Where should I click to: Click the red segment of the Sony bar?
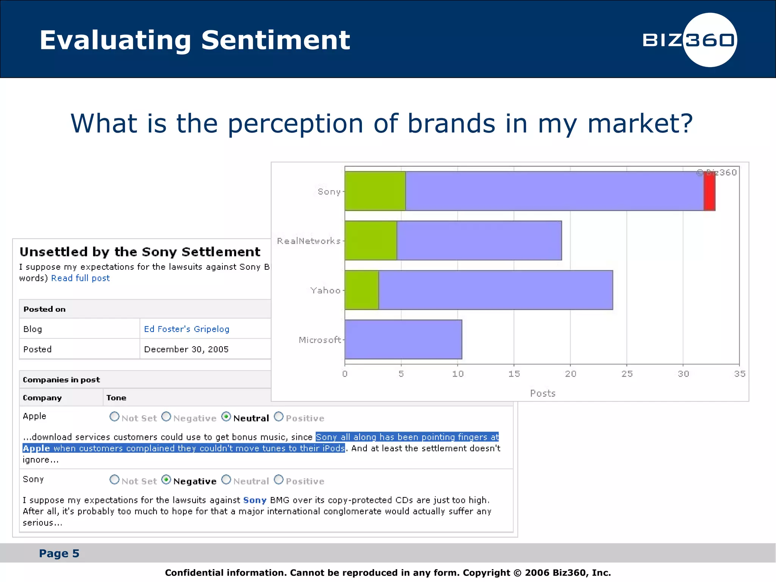(709, 191)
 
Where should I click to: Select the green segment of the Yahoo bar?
(361, 290)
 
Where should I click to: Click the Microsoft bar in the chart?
(403, 339)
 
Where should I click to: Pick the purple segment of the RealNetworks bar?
(479, 241)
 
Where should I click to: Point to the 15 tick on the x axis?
(514, 374)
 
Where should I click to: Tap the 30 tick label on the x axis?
(683, 374)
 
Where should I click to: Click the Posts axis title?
(543, 393)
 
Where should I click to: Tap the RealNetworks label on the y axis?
(309, 241)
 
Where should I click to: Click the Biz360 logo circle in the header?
(710, 40)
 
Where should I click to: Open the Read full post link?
(80, 278)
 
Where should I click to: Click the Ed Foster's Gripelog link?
(186, 329)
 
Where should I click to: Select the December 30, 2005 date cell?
(186, 349)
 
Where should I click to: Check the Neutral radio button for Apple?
(226, 417)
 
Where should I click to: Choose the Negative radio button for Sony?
(166, 480)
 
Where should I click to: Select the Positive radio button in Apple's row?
(278, 417)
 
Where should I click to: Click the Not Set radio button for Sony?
(114, 480)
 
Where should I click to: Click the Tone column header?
(116, 398)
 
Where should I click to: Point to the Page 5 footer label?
(59, 553)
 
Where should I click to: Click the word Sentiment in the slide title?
(275, 40)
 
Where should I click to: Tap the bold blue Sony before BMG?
(255, 500)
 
